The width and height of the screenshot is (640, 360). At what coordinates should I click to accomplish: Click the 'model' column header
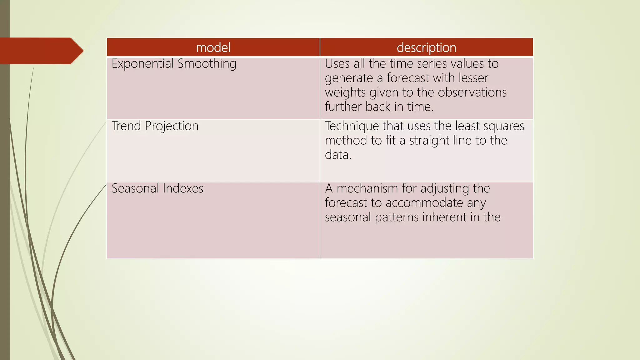pyautogui.click(x=213, y=47)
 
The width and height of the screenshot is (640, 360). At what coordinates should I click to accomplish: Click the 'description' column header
pyautogui.click(x=426, y=47)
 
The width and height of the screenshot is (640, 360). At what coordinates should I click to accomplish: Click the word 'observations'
pyautogui.click(x=472, y=92)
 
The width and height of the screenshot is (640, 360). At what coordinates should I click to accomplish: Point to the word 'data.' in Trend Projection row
pyautogui.click(x=338, y=155)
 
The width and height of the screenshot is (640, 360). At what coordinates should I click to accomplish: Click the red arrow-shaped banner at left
pyautogui.click(x=39, y=51)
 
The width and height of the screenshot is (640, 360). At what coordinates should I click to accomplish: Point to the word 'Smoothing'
pyautogui.click(x=207, y=64)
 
